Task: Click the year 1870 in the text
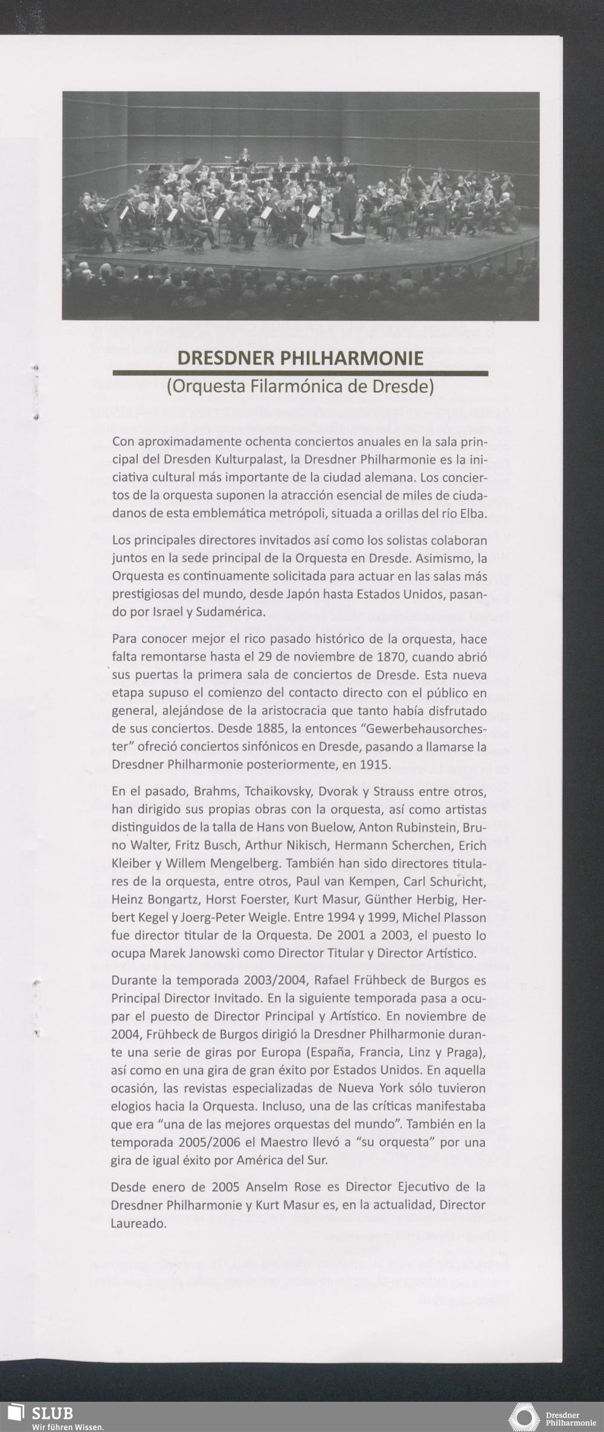pyautogui.click(x=393, y=657)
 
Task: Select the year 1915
pyautogui.click(x=374, y=764)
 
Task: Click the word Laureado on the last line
pyautogui.click(x=138, y=1224)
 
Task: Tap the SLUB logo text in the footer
pyautogui.click(x=52, y=1413)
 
